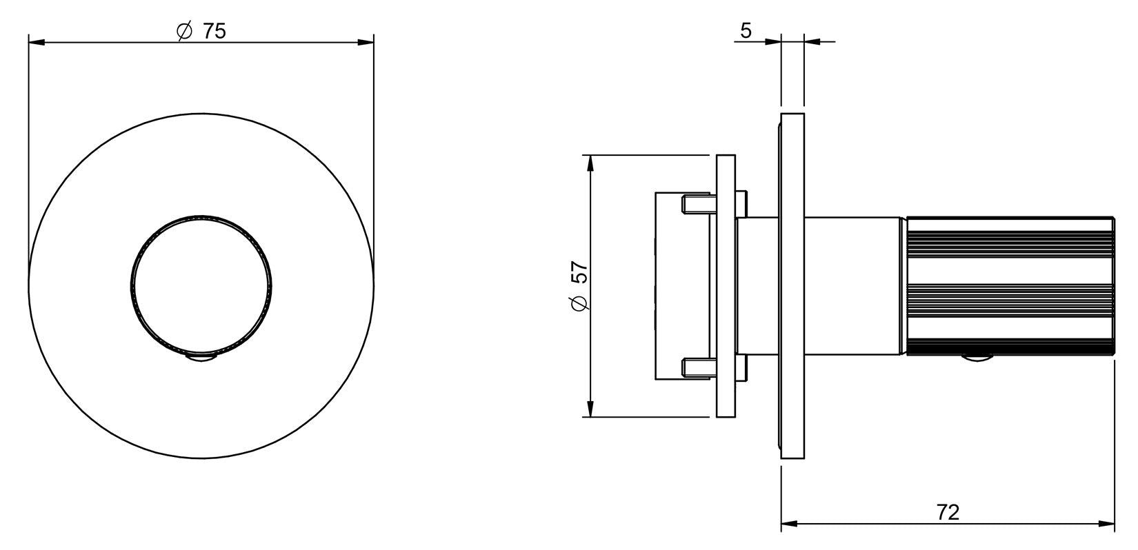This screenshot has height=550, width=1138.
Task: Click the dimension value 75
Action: point(214,32)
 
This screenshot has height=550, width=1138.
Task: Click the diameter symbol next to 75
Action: point(184,32)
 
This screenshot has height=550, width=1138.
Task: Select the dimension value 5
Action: point(746,31)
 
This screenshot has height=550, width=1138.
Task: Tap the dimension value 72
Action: point(948,512)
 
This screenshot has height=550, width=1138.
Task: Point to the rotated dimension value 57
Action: point(579,272)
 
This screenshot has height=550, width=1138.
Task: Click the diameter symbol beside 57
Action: point(579,303)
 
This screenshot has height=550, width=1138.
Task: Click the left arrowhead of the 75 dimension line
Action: point(37,42)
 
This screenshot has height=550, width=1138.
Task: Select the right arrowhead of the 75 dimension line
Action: point(366,42)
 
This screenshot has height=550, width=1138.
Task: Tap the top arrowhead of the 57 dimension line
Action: point(590,163)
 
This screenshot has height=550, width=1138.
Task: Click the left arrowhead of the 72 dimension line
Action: point(790,524)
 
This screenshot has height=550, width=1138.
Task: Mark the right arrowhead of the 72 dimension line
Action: point(1106,524)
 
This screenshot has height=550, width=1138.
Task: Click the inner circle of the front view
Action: point(201,286)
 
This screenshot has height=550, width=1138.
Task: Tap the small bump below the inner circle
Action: point(201,358)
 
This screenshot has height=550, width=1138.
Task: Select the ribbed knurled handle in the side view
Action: point(1010,286)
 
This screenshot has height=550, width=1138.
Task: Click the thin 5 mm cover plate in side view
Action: point(792,286)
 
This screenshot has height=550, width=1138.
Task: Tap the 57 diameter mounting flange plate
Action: point(726,286)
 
